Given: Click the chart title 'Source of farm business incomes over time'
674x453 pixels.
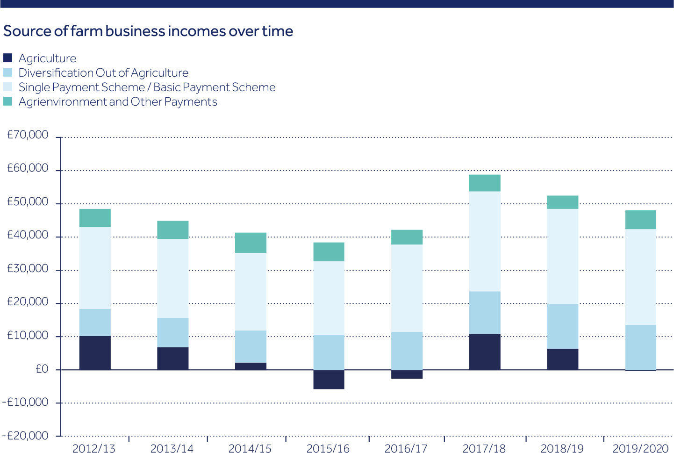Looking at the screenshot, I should point(148,31).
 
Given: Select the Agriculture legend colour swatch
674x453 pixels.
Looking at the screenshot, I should point(7,58).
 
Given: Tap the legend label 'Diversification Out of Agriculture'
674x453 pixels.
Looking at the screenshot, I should point(103,73).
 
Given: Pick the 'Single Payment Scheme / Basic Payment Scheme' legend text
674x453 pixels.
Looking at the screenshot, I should point(147,87).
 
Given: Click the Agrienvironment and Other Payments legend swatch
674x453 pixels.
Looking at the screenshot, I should point(7,101).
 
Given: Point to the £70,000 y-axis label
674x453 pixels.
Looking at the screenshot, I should point(28,135).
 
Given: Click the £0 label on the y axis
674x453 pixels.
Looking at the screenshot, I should point(42,369).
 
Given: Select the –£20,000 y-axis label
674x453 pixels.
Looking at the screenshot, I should point(25,436).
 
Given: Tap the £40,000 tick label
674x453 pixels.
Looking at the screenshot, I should point(28,235).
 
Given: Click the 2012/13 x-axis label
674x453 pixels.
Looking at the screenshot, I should point(93,448).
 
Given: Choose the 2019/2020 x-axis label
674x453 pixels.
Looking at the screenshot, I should point(640,448).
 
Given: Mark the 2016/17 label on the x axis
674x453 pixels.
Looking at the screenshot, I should point(406,448).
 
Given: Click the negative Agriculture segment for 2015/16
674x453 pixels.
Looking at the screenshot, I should point(329,380).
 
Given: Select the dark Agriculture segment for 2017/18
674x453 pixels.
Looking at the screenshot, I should point(485,352).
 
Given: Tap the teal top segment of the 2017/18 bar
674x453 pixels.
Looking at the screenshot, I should point(485,183).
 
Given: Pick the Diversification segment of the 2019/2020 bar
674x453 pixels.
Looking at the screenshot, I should point(640,347).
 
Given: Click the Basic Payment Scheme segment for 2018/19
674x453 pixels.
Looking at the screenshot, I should point(563,256).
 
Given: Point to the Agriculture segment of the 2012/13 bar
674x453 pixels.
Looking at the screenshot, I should point(95,353).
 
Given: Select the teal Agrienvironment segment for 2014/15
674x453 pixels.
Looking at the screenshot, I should point(251,243).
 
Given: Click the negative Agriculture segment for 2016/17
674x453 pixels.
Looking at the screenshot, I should point(407,374).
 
